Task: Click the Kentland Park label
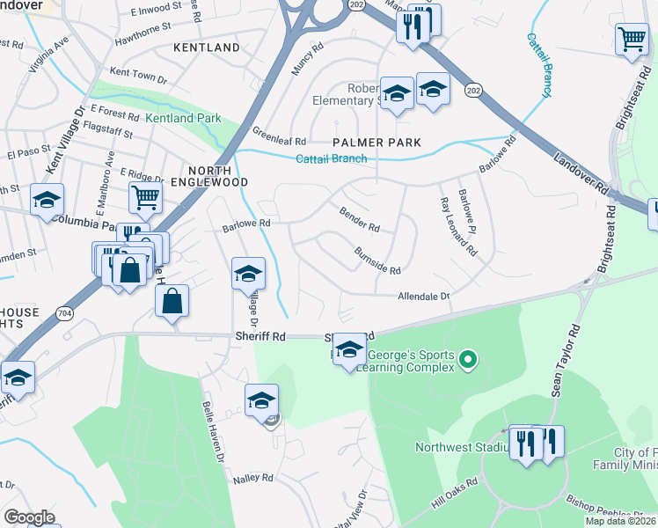[x=184, y=117]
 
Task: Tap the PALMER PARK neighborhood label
[x=377, y=142]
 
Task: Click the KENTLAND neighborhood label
[x=207, y=47]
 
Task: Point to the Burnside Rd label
[x=377, y=260]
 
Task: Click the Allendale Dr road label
[x=423, y=297]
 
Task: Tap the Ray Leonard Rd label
[x=457, y=226]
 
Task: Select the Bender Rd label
[x=359, y=220]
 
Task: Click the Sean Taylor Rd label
[x=567, y=360]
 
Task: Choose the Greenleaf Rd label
[x=280, y=140]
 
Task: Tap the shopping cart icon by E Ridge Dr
[x=145, y=198]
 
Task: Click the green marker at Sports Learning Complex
[x=468, y=359]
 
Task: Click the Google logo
[x=29, y=517]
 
